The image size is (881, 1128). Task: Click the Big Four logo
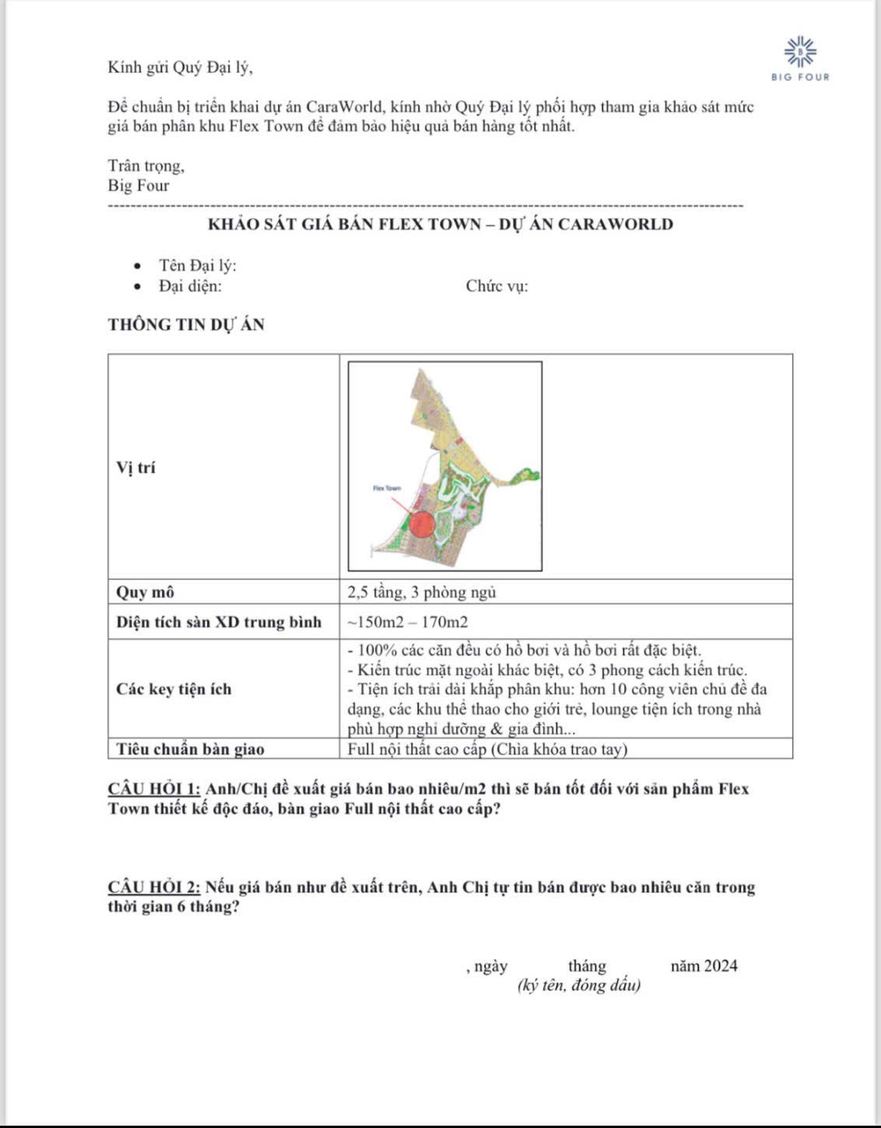coord(800,58)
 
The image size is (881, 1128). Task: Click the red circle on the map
coord(422,524)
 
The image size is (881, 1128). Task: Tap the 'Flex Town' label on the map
coord(386,488)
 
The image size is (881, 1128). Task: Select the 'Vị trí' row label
coord(136,467)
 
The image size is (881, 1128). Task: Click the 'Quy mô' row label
coord(146,592)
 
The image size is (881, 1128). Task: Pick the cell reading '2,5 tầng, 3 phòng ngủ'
coord(422,592)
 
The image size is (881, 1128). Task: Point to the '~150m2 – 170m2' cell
coord(408,622)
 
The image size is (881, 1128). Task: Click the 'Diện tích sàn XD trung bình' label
coord(219,622)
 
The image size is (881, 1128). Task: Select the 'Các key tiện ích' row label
coord(174,689)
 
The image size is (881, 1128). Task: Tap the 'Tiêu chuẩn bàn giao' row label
coord(190,749)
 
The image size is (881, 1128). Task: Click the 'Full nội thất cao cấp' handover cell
coord(487,749)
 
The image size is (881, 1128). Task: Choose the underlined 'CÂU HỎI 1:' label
coord(154,789)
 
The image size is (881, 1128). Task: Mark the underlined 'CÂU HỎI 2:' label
coord(154,887)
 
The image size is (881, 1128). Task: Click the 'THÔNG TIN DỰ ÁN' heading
coord(186,325)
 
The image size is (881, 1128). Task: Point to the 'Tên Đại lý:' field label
coord(198,265)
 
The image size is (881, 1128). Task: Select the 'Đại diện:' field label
coord(191,286)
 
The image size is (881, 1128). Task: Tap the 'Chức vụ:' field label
coord(497,286)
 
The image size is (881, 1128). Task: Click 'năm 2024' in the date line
coord(704,966)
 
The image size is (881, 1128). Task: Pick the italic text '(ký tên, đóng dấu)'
coord(579,986)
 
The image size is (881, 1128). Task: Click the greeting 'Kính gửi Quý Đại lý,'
coord(181,67)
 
